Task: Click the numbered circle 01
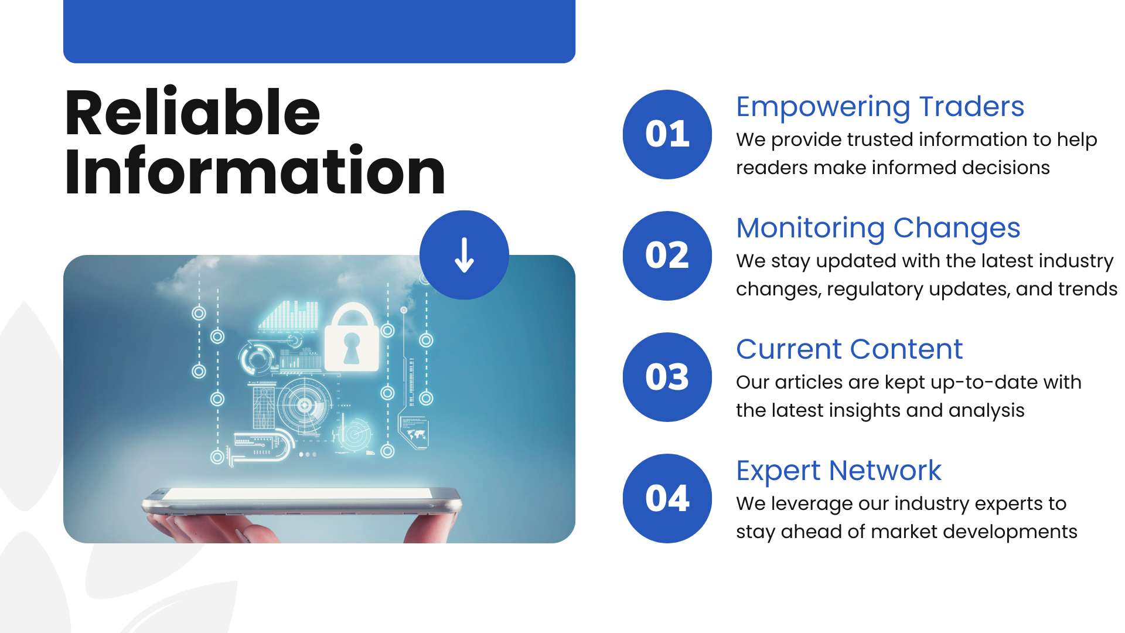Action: click(667, 134)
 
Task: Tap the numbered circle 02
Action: click(667, 256)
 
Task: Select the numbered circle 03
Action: click(667, 377)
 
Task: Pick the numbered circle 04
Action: click(667, 498)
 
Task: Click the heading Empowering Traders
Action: click(880, 107)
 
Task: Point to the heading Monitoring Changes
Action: click(878, 229)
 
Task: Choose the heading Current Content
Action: click(850, 349)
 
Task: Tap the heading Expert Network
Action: click(839, 471)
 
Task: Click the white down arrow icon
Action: click(464, 255)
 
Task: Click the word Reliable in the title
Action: click(193, 112)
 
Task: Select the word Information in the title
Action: click(255, 171)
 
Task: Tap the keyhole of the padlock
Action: click(352, 348)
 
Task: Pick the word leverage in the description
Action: click(812, 504)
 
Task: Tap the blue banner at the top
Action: click(319, 31)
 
